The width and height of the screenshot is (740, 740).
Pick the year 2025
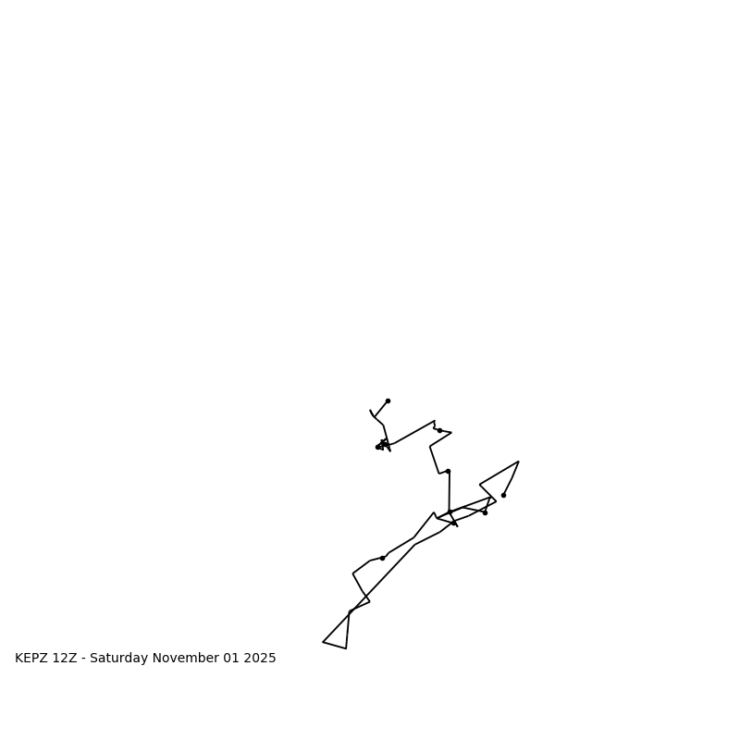[260, 659]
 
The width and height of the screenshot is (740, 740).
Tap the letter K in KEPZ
[19, 659]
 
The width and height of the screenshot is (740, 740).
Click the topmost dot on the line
[388, 401]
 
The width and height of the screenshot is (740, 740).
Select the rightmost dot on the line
[503, 495]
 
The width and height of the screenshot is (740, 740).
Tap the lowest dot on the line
[382, 558]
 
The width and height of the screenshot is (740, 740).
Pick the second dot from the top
[439, 430]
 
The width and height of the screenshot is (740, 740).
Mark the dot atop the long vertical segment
[448, 471]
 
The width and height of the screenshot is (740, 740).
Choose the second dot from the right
[485, 512]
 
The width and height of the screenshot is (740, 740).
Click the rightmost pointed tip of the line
[519, 462]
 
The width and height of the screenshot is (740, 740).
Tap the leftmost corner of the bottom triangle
[323, 642]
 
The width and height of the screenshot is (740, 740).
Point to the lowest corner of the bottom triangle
[346, 648]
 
